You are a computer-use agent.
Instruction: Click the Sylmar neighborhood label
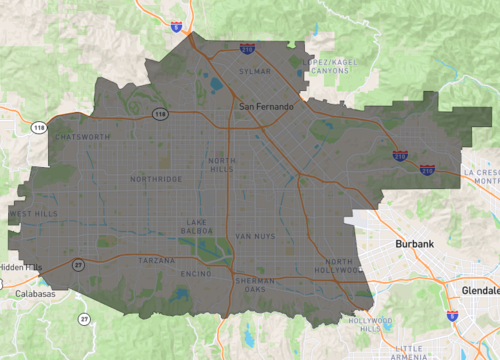tap(255, 72)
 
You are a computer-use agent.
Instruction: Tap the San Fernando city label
tap(265, 106)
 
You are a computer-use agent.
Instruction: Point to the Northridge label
tap(156, 179)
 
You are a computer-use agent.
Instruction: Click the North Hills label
tap(223, 165)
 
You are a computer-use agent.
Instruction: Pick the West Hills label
tap(32, 214)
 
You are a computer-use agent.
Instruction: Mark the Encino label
tap(195, 273)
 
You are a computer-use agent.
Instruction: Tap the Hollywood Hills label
tap(370, 324)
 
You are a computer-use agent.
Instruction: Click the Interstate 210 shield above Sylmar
tap(247, 48)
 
